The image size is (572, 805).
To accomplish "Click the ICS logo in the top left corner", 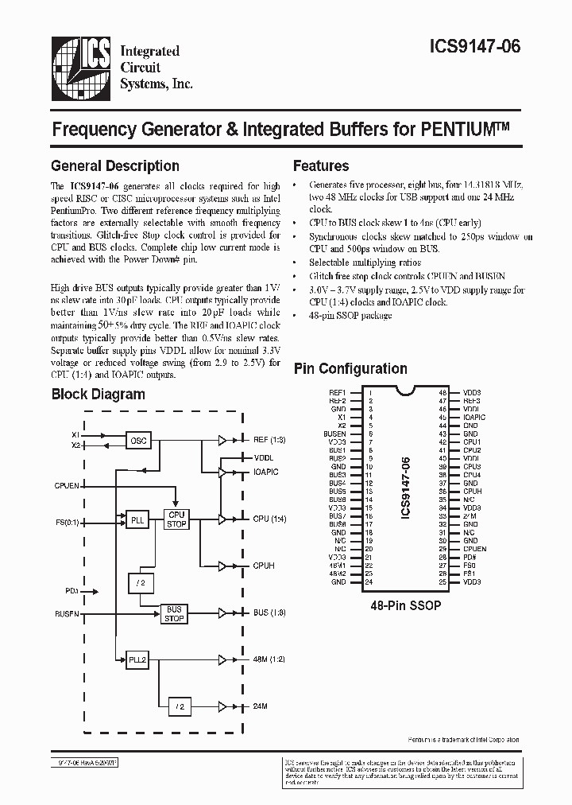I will (x=80, y=63).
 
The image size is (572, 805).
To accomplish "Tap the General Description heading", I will (x=115, y=166).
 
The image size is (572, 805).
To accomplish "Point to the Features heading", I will (x=321, y=166).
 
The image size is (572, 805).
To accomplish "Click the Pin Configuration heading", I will (x=350, y=368).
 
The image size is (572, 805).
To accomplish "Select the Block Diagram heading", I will (x=99, y=394).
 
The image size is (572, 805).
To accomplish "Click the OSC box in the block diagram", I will (x=139, y=440).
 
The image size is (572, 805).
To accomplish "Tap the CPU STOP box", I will (x=176, y=519).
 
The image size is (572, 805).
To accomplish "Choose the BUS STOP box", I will (x=173, y=614).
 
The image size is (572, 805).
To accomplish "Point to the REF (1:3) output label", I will (x=271, y=440).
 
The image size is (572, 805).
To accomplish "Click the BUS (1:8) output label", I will (x=271, y=614).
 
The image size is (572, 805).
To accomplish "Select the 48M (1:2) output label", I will (x=271, y=659).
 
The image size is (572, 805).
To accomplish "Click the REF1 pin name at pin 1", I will (x=338, y=392).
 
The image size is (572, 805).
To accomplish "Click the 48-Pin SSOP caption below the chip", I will (x=406, y=605).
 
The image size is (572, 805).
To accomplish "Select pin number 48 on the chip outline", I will (x=443, y=392).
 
